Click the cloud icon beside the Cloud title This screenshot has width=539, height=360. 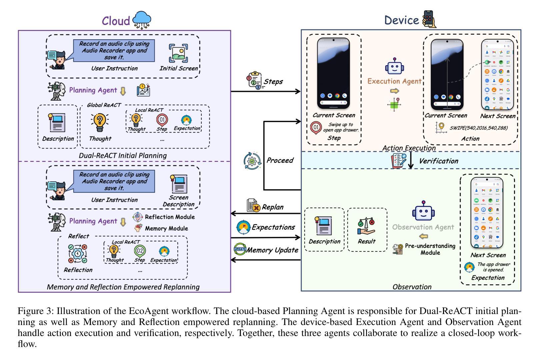[x=142, y=20]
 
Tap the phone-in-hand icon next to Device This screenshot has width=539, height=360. [x=429, y=19]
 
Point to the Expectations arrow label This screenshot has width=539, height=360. [x=273, y=227]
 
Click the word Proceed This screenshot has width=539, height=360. [x=280, y=160]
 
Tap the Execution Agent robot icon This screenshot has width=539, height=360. [x=394, y=67]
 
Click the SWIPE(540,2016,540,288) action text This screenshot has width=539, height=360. [x=479, y=128]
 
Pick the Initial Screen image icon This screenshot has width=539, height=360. [x=178, y=53]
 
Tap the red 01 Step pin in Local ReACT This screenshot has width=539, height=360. [x=162, y=120]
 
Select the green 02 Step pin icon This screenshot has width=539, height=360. [x=140, y=250]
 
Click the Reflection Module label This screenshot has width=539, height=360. [x=170, y=217]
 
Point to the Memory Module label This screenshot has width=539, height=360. [x=166, y=228]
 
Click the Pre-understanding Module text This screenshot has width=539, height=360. [x=430, y=249]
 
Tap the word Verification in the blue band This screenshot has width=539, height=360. [x=438, y=161]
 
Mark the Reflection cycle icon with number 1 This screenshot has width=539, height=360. [x=78, y=254]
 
